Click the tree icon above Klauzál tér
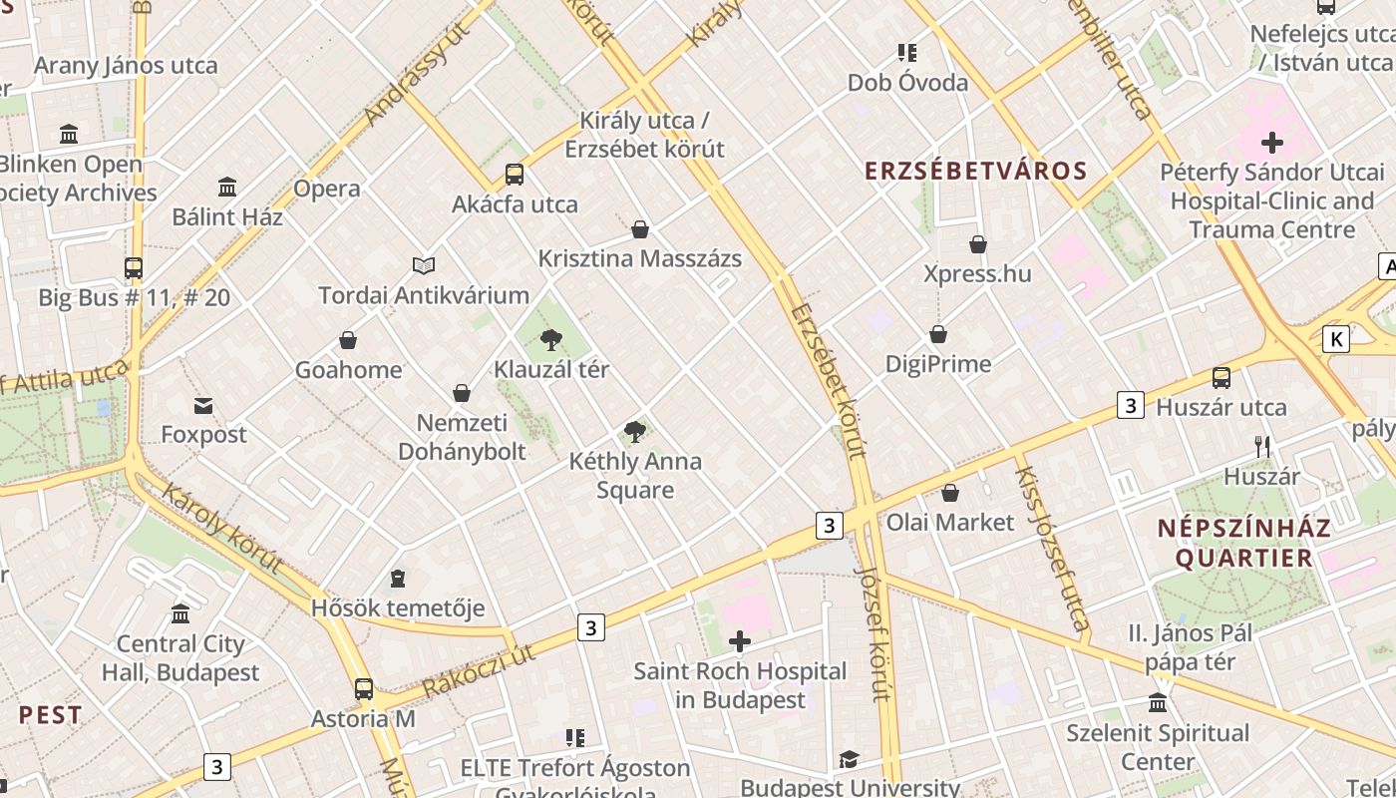tap(550, 340)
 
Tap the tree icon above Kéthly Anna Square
tap(634, 432)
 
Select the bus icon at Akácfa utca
tap(515, 175)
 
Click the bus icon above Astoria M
tap(364, 688)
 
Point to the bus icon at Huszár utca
tap(1221, 378)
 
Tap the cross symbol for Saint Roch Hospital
tap(740, 641)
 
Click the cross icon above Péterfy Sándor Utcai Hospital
tap(1272, 143)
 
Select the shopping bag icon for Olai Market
tap(950, 493)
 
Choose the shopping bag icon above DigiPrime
tap(938, 334)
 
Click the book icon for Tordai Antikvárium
tap(424, 265)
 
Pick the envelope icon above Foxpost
tap(203, 405)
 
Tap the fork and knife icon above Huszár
tap(1262, 446)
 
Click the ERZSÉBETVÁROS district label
tap(975, 171)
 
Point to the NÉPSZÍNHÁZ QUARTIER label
tap(1243, 543)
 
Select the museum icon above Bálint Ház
tap(227, 187)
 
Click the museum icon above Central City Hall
tap(180, 613)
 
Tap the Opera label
tap(327, 189)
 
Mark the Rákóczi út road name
tap(479, 670)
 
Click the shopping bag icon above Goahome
tap(348, 341)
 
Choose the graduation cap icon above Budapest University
tap(849, 760)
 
